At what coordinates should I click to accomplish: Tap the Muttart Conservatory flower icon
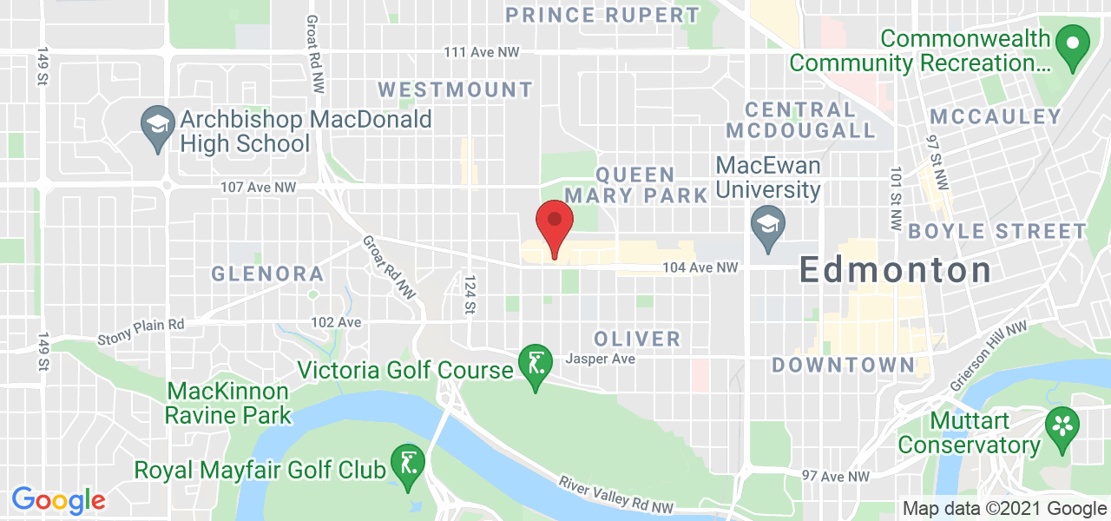[1061, 426]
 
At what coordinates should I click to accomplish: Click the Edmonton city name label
[895, 270]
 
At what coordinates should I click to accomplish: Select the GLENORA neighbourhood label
[267, 274]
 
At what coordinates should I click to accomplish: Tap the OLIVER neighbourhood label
[637, 339]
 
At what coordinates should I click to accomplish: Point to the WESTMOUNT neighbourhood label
[456, 89]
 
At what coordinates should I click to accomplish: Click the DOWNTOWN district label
[843, 365]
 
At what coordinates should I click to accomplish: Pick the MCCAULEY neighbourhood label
[996, 117]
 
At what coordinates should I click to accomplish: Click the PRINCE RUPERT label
[602, 15]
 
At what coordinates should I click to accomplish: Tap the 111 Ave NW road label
[481, 52]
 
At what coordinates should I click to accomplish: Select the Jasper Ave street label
[600, 359]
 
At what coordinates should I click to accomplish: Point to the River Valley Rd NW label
[615, 495]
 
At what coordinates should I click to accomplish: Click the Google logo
[58, 500]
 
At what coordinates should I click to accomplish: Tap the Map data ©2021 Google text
[1004, 509]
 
